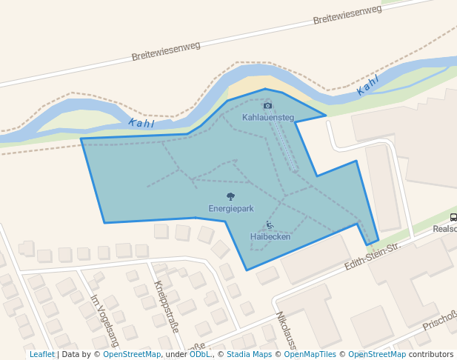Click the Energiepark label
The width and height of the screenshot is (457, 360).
click(x=230, y=209)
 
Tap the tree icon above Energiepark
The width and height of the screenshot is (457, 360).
click(x=230, y=197)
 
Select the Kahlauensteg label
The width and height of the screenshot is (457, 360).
click(x=268, y=117)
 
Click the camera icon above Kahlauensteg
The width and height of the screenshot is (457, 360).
click(x=268, y=106)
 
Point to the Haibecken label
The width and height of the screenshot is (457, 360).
click(x=270, y=236)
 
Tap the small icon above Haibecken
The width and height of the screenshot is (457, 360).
click(x=270, y=225)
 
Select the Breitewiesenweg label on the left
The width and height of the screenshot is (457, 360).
click(x=166, y=51)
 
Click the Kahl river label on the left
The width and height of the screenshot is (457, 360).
click(x=141, y=124)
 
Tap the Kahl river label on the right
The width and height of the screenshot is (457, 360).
click(x=368, y=85)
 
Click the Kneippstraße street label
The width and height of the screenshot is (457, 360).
click(x=167, y=306)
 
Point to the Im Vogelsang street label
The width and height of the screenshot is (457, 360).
click(x=104, y=321)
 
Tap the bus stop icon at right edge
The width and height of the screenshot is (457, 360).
click(x=453, y=217)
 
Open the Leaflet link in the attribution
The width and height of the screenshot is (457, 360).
click(x=42, y=354)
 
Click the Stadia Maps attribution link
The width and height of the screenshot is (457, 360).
click(x=249, y=354)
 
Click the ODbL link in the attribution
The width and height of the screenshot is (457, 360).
click(x=199, y=354)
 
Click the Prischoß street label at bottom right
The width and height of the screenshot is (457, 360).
click(x=438, y=321)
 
